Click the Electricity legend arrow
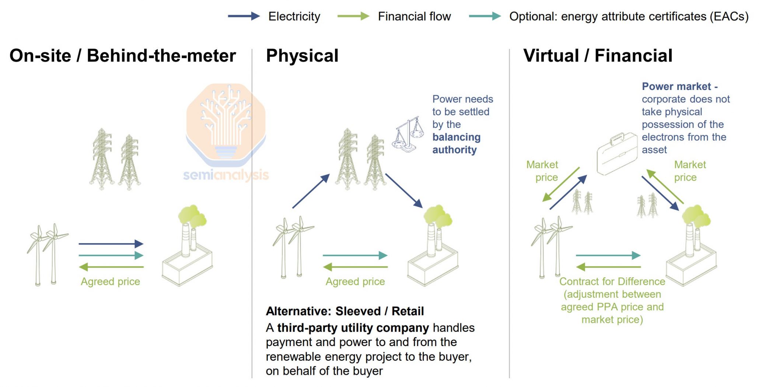[x=244, y=16]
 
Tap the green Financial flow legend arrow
[x=353, y=16]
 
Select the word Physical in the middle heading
[x=302, y=56]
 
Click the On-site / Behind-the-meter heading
[x=123, y=56]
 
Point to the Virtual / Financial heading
[x=598, y=56]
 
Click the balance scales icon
[x=408, y=135]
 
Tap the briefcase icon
[x=617, y=154]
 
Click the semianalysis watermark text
[x=226, y=175]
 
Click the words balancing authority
[x=456, y=143]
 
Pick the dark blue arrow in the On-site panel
[x=111, y=244]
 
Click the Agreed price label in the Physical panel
[x=355, y=282]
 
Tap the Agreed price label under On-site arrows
[x=111, y=282]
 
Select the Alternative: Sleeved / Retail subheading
[x=345, y=311]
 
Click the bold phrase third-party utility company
[x=353, y=328]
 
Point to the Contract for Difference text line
[x=612, y=282]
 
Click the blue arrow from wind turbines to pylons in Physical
[x=311, y=191]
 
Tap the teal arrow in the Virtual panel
[x=608, y=255]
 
